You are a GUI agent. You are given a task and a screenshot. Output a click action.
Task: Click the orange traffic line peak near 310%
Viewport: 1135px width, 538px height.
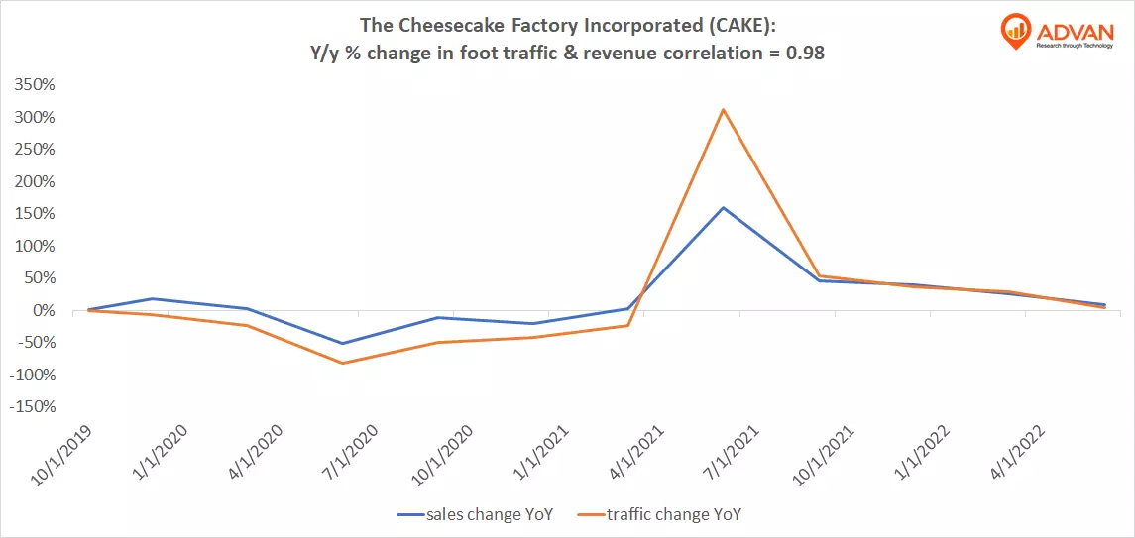pyautogui.click(x=724, y=109)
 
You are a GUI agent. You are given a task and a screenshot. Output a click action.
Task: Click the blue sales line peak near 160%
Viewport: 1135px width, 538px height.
pyautogui.click(x=724, y=207)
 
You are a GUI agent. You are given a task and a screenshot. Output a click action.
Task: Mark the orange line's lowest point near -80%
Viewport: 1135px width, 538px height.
pyautogui.click(x=342, y=363)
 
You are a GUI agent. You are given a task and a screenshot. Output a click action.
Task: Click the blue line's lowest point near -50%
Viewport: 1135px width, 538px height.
pyautogui.click(x=342, y=344)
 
